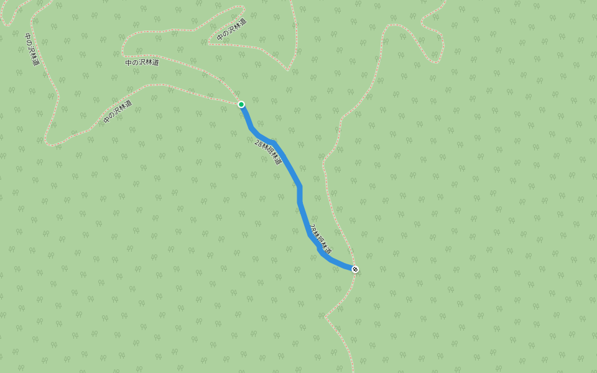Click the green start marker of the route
click(x=241, y=104)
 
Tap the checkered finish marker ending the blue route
click(x=355, y=269)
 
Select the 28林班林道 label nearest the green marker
click(x=268, y=152)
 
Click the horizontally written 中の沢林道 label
click(x=142, y=62)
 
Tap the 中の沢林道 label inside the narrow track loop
click(x=231, y=30)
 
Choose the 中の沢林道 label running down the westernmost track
click(x=32, y=50)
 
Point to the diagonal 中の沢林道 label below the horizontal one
click(x=118, y=111)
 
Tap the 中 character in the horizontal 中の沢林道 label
click(x=128, y=63)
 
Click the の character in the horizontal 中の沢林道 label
click(x=135, y=63)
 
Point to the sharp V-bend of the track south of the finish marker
click(x=325, y=316)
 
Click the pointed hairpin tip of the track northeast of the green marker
click(x=287, y=70)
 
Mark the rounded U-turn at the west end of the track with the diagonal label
click(x=47, y=144)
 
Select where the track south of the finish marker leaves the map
click(x=353, y=371)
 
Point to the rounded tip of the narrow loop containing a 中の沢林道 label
click(x=242, y=8)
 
